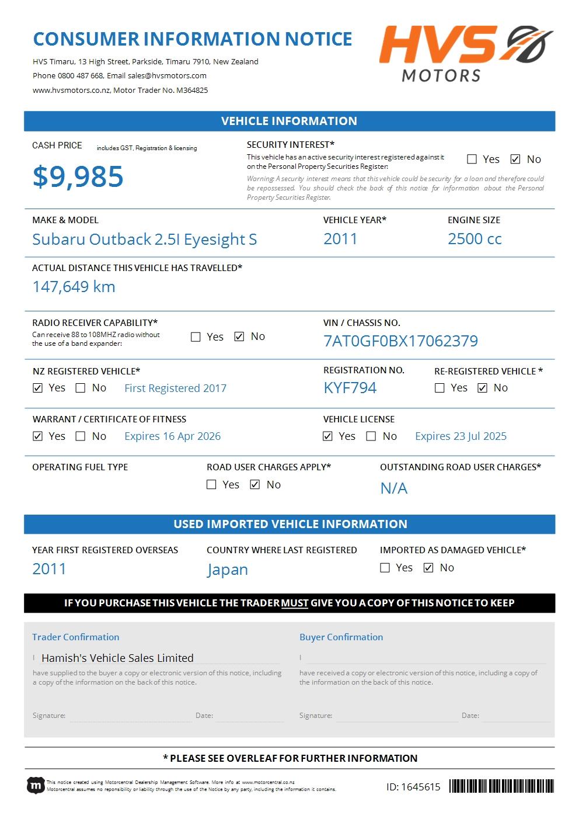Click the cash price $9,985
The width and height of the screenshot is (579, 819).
[x=78, y=176]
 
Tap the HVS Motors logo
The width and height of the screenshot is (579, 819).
[x=465, y=53]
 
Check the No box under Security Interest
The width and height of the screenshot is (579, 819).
[x=515, y=159]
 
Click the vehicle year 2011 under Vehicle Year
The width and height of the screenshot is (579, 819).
[x=340, y=239]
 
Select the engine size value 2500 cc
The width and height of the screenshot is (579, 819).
[x=475, y=239]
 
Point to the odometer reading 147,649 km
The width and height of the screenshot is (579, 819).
[x=74, y=287]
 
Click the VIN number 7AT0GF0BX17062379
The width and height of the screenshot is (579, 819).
[x=400, y=341]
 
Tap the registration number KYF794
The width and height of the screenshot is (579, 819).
[x=350, y=388]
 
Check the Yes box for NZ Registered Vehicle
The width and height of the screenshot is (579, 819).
[x=38, y=388]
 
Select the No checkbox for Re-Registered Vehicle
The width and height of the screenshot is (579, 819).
[x=482, y=388]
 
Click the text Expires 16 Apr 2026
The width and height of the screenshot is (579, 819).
[x=172, y=436]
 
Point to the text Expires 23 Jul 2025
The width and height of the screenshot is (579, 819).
[x=461, y=436]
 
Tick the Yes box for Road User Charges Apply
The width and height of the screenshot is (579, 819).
[x=211, y=484]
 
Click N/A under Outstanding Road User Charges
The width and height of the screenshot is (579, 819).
[x=394, y=488]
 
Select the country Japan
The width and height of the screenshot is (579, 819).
[x=228, y=570]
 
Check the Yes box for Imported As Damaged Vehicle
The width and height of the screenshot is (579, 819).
[x=385, y=568]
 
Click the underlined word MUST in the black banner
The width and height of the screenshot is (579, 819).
[x=295, y=603]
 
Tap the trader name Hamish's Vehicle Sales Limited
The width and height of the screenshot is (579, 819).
[x=117, y=658]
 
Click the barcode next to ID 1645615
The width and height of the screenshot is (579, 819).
[x=501, y=786]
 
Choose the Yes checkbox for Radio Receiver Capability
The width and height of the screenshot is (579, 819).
[x=196, y=336]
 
